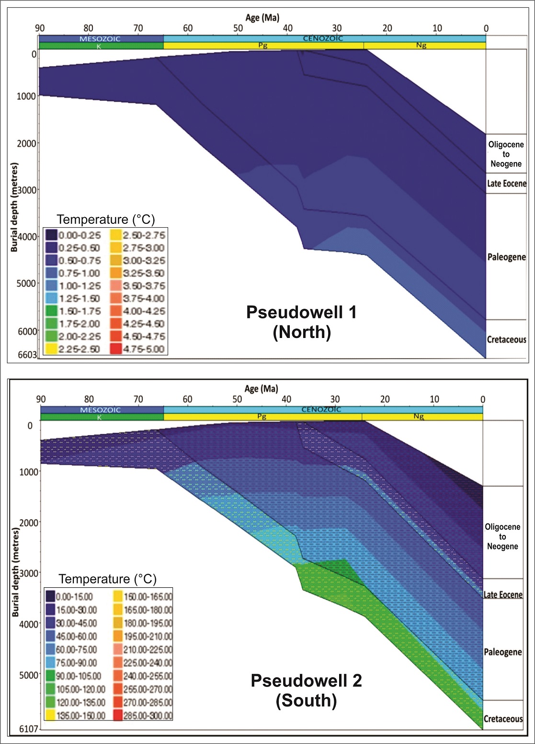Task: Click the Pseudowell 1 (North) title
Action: click(301, 322)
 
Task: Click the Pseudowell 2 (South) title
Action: click(306, 690)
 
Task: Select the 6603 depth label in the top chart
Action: click(27, 355)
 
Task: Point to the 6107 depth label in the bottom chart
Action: click(28, 729)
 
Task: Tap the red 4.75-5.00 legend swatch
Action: click(115, 349)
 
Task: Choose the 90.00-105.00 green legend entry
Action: click(76, 676)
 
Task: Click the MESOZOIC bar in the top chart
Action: click(101, 39)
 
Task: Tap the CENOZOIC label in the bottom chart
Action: click(321, 409)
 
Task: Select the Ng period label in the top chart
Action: click(421, 46)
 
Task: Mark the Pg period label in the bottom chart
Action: click(262, 417)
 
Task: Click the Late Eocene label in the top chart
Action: click(506, 184)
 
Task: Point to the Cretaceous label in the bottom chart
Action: click(503, 719)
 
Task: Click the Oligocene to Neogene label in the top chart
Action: click(506, 154)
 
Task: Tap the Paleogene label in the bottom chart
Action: click(502, 652)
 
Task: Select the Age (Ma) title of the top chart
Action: click(262, 18)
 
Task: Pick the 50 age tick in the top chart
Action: click(238, 28)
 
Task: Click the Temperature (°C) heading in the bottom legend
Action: click(107, 579)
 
